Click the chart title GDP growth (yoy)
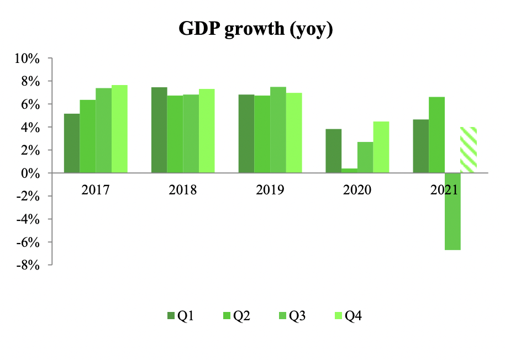[255, 29]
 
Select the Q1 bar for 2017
[72, 144]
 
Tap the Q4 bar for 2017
[119, 129]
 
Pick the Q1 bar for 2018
[159, 130]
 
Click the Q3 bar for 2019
[278, 130]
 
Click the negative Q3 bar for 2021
[453, 211]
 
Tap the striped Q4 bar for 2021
[469, 150]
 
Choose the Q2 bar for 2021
[436, 135]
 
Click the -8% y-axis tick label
[29, 265]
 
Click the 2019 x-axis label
[270, 190]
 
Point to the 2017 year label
[96, 190]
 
